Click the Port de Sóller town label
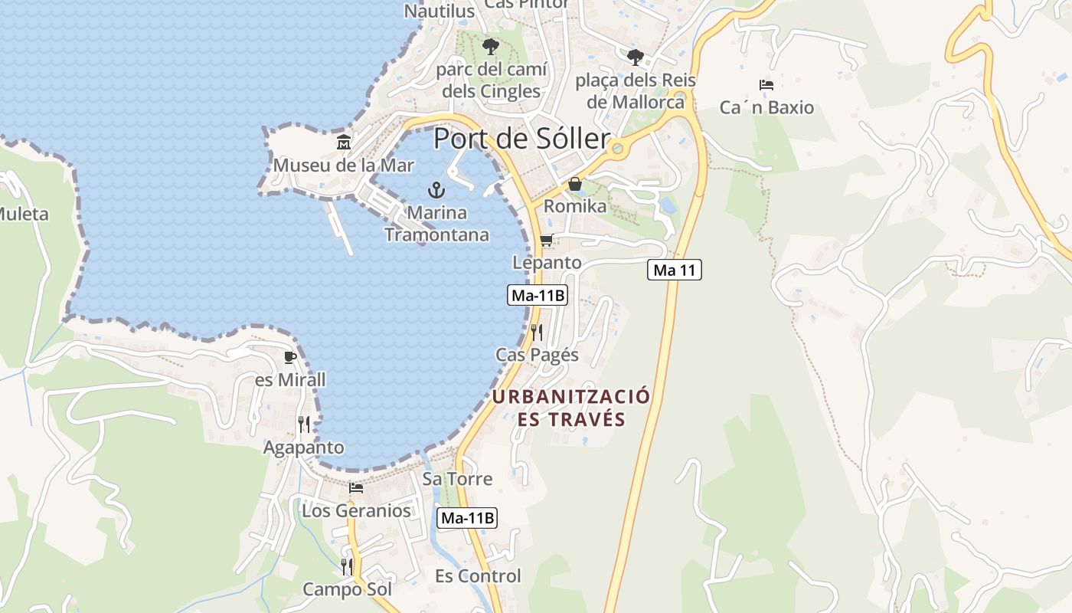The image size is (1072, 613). (x=521, y=139)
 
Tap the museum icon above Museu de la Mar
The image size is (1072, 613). (x=344, y=143)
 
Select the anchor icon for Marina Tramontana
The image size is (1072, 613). (x=436, y=190)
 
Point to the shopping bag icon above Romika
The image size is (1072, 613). (x=574, y=184)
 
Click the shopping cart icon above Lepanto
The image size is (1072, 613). (x=546, y=241)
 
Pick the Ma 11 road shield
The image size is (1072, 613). (x=674, y=270)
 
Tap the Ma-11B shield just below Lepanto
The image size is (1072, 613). (x=537, y=295)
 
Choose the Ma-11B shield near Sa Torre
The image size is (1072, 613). (x=467, y=518)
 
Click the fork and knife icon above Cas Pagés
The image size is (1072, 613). (x=537, y=332)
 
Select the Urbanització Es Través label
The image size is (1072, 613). (x=571, y=408)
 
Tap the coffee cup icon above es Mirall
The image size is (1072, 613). (x=289, y=357)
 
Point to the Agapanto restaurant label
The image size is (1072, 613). (x=304, y=447)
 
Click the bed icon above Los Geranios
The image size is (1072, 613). (x=356, y=487)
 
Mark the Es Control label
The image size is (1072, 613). (x=478, y=576)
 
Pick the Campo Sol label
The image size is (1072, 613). (x=347, y=589)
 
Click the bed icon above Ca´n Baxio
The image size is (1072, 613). (x=766, y=84)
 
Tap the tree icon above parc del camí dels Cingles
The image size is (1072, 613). (x=490, y=47)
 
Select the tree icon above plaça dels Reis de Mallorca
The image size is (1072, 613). (x=635, y=57)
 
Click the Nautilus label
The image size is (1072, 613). (x=440, y=11)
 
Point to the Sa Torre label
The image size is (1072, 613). (x=457, y=479)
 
